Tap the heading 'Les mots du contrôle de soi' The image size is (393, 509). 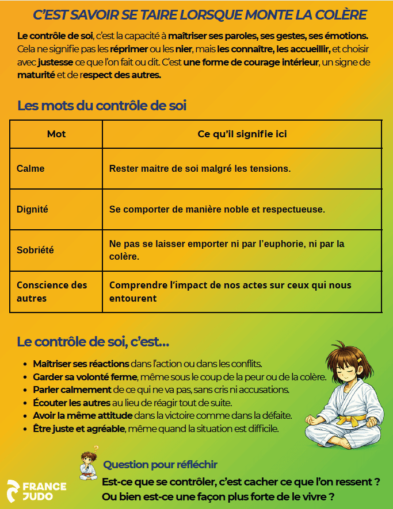pos(102,106)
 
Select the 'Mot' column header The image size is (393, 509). pos(56,134)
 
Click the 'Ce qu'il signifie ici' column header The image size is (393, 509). pos(242,134)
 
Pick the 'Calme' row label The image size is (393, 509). pos(30,169)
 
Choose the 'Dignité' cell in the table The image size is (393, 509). pos(32,210)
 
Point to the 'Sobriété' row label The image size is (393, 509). pos(35,250)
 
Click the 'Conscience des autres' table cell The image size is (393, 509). pos(52,291)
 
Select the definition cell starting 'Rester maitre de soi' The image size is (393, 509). pos(200,169)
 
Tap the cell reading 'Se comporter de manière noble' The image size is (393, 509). pos(217,210)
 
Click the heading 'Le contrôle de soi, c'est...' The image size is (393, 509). pos(93,342)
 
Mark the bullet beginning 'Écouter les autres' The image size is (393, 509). pos(72,402)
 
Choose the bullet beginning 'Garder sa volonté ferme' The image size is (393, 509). pos(85,377)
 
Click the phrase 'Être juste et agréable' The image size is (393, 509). pos(79,428)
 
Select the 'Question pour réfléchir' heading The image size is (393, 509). pos(160,464)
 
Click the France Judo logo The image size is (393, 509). pos(36,489)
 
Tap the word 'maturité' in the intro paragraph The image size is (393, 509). pos(36,75)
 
